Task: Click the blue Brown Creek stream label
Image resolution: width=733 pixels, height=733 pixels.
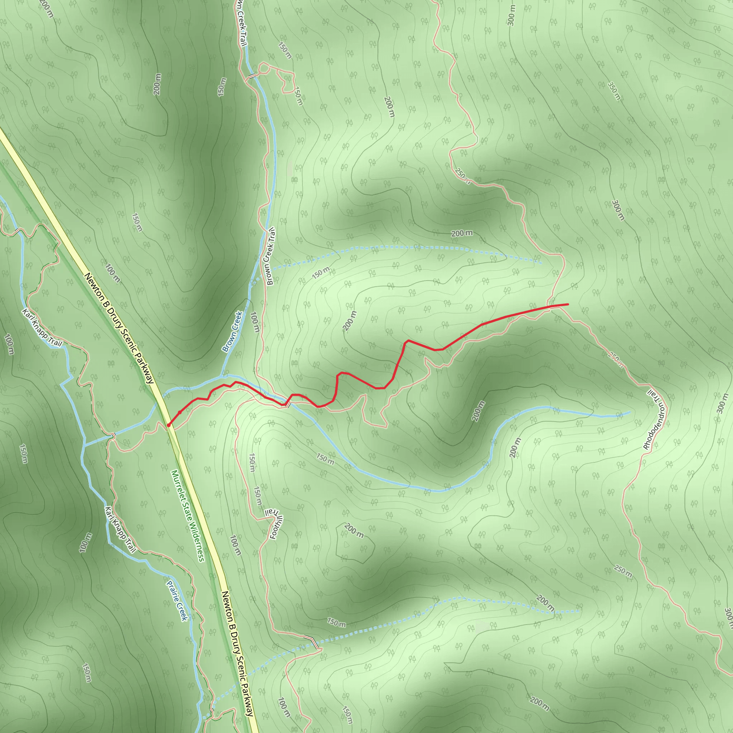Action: click(232, 331)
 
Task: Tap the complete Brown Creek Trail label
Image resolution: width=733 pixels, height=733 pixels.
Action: click(270, 257)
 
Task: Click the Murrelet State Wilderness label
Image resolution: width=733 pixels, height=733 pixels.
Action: click(188, 516)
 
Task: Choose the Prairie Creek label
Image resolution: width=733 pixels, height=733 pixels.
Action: click(177, 599)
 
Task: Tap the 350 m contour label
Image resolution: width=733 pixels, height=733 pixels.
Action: click(614, 91)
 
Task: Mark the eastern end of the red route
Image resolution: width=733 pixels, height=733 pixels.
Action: click(568, 304)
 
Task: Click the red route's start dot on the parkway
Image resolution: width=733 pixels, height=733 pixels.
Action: click(169, 425)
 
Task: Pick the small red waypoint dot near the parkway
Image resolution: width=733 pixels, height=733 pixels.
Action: click(179, 412)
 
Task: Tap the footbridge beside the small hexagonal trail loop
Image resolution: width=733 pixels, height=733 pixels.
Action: click(252, 76)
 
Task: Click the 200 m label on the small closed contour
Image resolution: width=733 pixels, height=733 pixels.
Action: click(354, 530)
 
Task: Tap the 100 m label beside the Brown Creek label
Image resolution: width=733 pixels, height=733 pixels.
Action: click(255, 322)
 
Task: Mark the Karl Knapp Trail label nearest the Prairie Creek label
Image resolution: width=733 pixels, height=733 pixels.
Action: click(120, 530)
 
